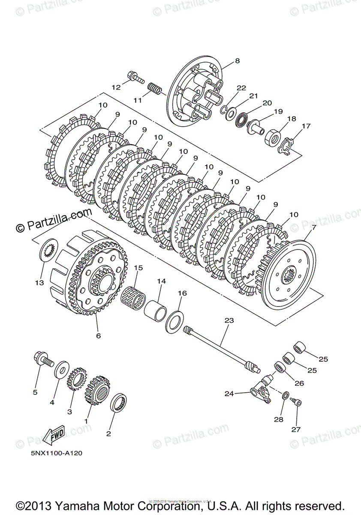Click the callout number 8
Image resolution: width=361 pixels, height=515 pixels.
point(237,61)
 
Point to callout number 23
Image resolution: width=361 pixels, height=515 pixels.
point(229,320)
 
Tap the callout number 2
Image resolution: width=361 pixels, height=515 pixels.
point(108,434)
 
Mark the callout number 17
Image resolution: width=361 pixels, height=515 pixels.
point(306,126)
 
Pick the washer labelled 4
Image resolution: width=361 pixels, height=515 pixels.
point(61,368)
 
